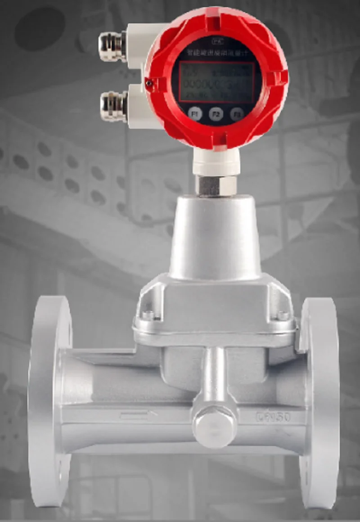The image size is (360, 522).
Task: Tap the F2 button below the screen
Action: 216,114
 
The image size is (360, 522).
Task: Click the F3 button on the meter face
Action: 237,113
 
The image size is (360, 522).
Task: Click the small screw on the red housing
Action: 149,82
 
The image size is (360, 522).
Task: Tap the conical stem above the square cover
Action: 215,238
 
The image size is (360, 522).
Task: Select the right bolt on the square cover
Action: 283,315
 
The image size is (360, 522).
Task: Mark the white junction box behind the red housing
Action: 139,72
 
